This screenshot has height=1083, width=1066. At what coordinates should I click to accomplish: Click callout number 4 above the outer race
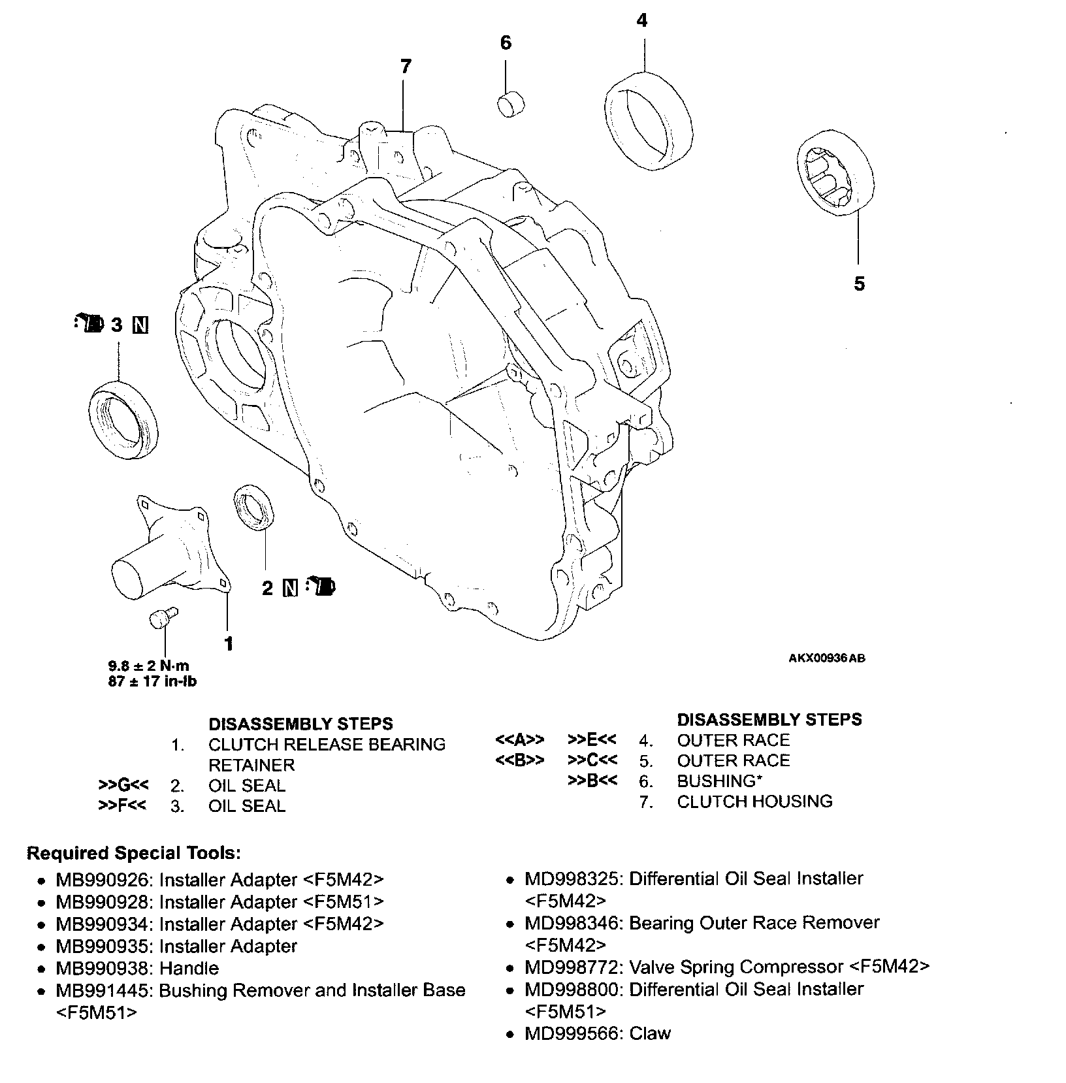coord(642,21)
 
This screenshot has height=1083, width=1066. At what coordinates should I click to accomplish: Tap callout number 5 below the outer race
coord(859,283)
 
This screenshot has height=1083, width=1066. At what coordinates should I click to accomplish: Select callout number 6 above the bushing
coord(506,43)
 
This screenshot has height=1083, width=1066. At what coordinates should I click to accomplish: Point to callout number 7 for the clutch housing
coord(406,66)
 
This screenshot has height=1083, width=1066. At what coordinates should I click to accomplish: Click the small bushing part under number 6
coord(512,104)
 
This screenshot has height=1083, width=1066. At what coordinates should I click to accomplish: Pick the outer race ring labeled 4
coord(647,121)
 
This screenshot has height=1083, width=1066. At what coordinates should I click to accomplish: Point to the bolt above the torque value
coord(162,617)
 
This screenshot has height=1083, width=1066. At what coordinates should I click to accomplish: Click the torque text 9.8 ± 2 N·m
coord(148,666)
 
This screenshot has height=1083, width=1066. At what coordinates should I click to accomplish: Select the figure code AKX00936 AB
coord(826,658)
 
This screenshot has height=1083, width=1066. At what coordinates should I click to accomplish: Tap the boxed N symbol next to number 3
coord(140,325)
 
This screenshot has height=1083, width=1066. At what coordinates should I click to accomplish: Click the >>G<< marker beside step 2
coord(123,785)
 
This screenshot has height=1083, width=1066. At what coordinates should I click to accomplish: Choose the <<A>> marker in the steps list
coord(520,740)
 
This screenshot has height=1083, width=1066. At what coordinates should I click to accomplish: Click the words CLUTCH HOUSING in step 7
coord(754,801)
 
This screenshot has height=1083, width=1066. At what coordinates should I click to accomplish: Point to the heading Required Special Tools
coord(133,853)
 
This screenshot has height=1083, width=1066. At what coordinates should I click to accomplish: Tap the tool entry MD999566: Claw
coord(597,1033)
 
